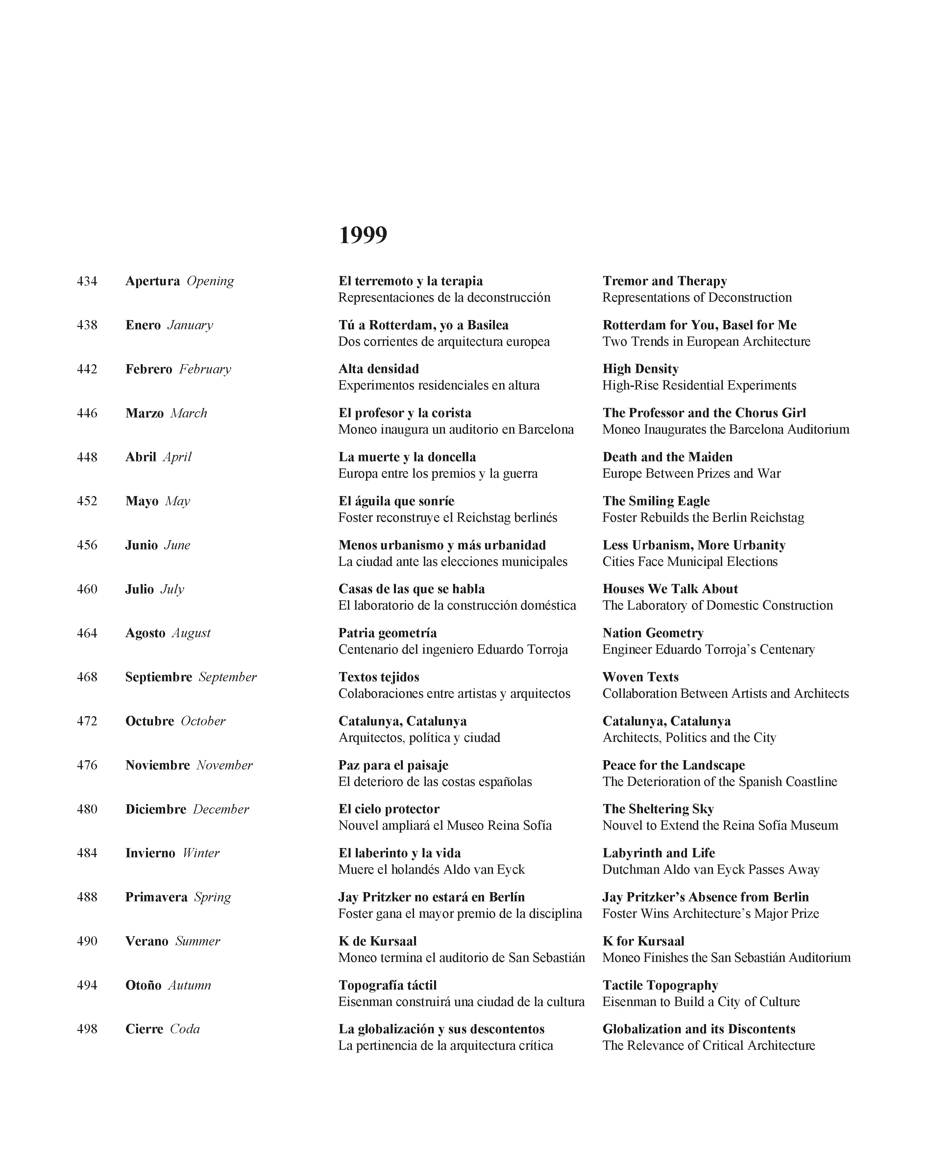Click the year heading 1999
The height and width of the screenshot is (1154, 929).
pyautogui.click(x=363, y=235)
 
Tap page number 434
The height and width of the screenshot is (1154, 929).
pyautogui.click(x=87, y=281)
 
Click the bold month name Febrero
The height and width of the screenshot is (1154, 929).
pyautogui.click(x=149, y=369)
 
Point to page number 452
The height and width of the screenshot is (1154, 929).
pyautogui.click(x=87, y=501)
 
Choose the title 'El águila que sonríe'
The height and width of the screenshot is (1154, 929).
pyautogui.click(x=396, y=501)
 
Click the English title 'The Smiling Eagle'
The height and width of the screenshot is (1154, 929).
pyautogui.click(x=656, y=501)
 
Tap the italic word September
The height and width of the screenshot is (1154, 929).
pyautogui.click(x=228, y=677)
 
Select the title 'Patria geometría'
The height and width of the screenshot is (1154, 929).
pyautogui.click(x=387, y=633)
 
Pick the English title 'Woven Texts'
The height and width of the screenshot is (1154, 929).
pyautogui.click(x=641, y=677)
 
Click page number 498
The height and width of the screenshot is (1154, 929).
pyautogui.click(x=87, y=1029)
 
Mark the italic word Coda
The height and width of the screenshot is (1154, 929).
pyautogui.click(x=184, y=1029)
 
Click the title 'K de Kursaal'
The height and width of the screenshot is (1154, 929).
pyautogui.click(x=377, y=941)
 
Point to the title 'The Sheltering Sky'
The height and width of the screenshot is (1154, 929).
pyautogui.click(x=658, y=809)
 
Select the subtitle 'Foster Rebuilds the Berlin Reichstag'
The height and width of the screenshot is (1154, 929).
pyautogui.click(x=703, y=517)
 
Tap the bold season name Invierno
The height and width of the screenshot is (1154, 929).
pyautogui.click(x=150, y=853)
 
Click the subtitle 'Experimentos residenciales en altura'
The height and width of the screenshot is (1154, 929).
pyautogui.click(x=439, y=386)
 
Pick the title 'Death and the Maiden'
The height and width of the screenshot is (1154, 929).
pyautogui.click(x=667, y=457)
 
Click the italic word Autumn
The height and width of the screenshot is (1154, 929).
pyautogui.click(x=189, y=985)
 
